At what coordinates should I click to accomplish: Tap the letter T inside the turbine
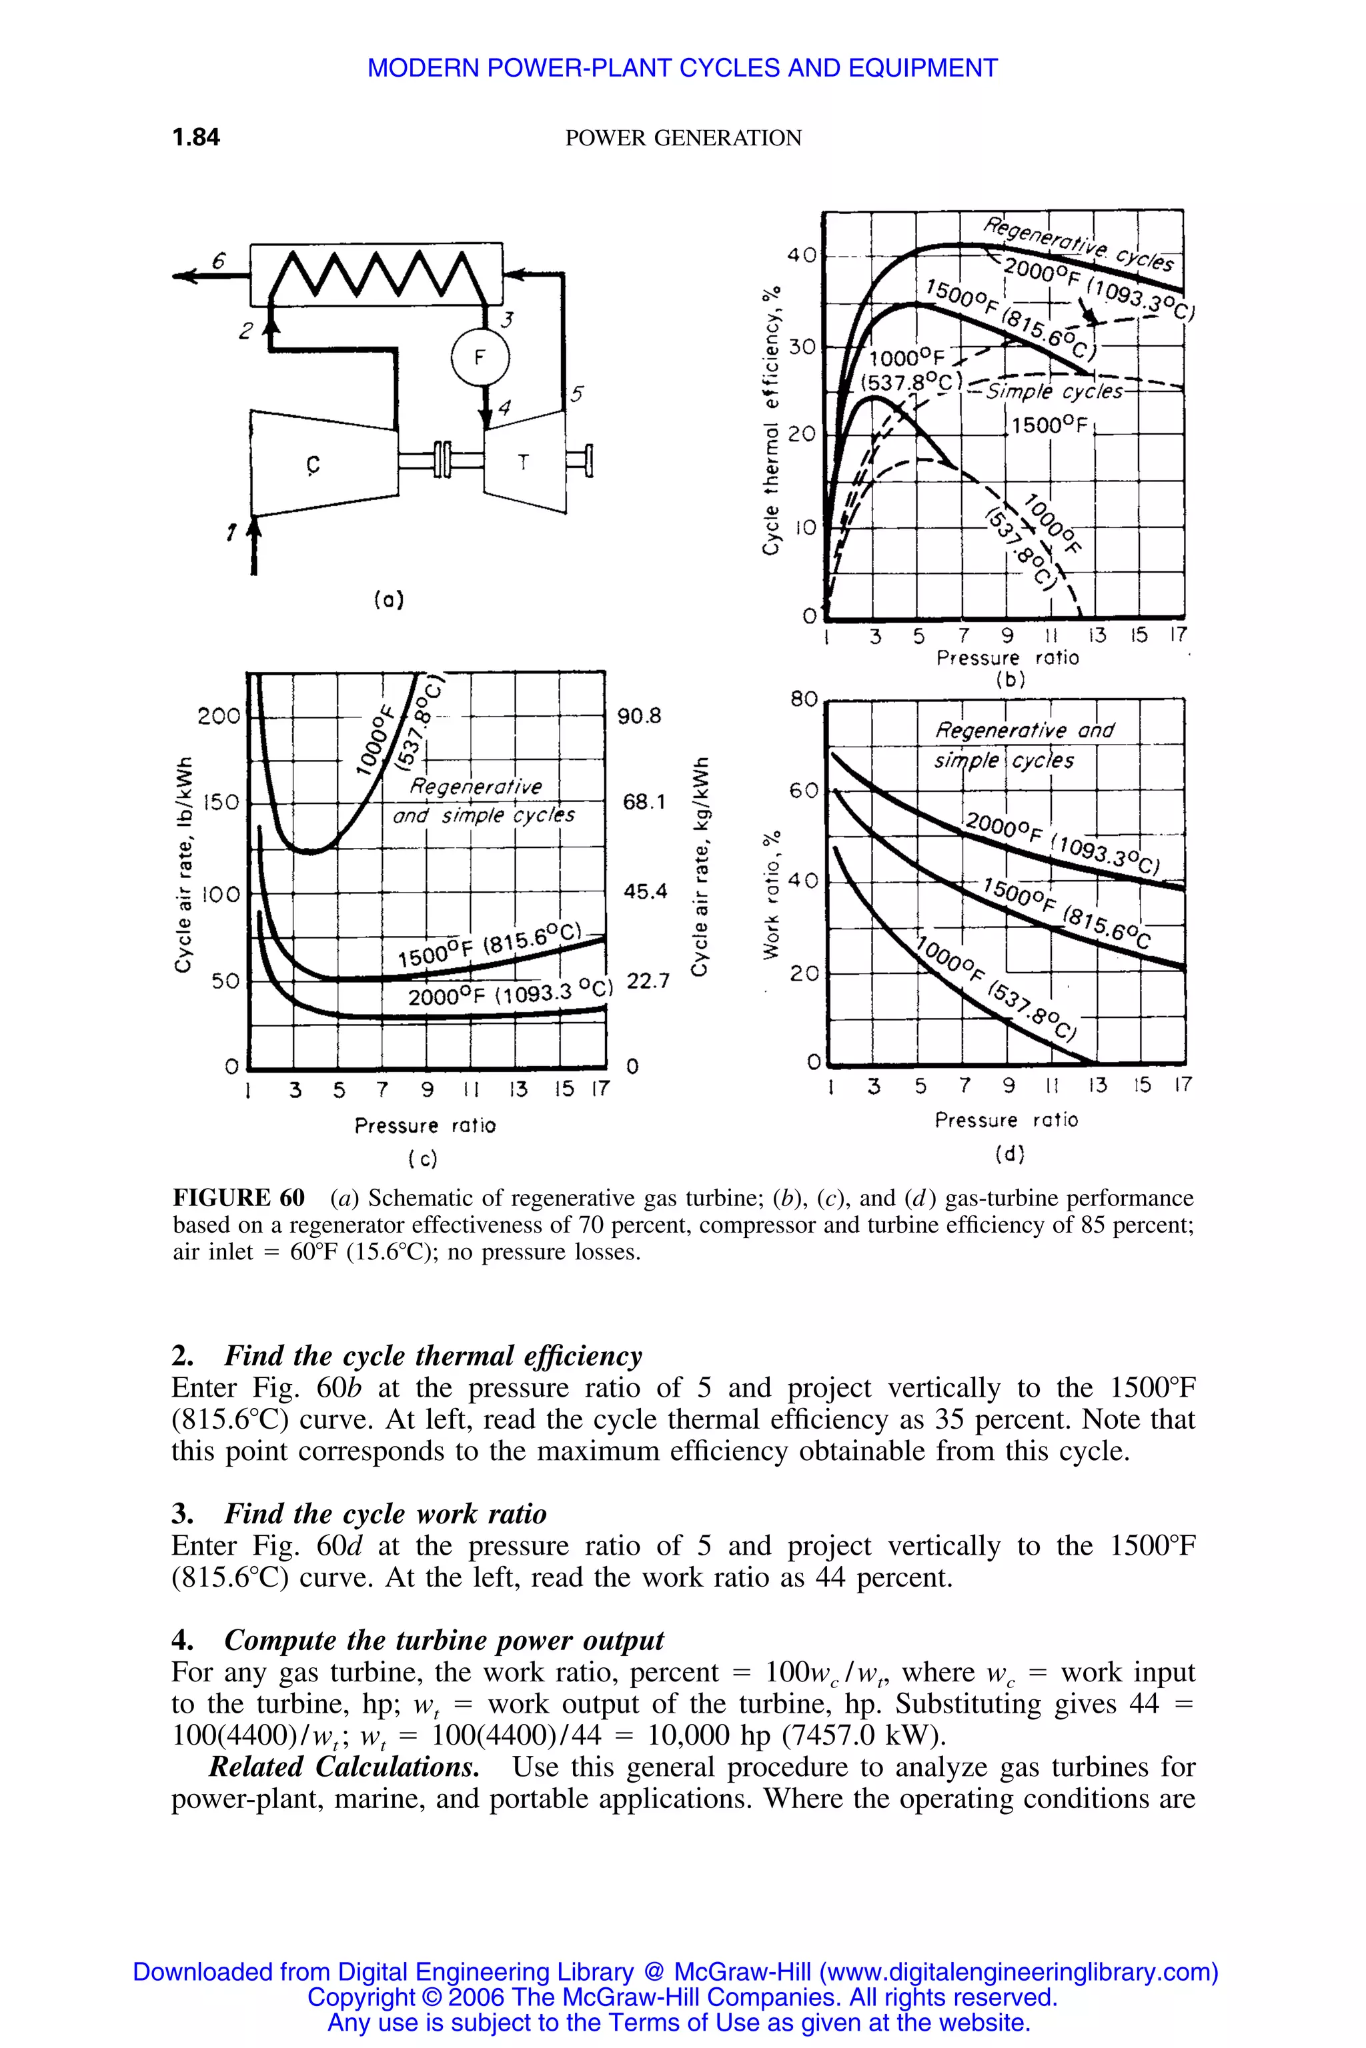point(523,463)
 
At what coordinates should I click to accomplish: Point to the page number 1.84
point(196,137)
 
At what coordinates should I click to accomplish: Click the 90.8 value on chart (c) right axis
point(640,716)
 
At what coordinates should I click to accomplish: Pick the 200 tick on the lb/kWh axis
point(218,717)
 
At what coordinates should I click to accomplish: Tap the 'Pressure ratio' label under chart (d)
point(1006,1120)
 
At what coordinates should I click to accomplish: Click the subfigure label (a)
point(389,599)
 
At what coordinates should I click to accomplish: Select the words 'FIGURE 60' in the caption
point(239,1198)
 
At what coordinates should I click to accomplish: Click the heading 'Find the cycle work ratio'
point(385,1513)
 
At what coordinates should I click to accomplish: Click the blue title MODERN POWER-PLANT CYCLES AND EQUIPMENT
point(682,68)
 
